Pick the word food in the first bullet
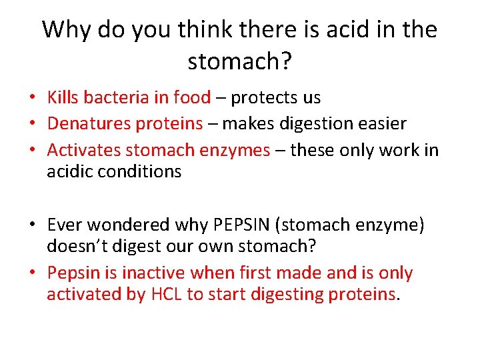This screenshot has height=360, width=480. [x=191, y=98]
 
